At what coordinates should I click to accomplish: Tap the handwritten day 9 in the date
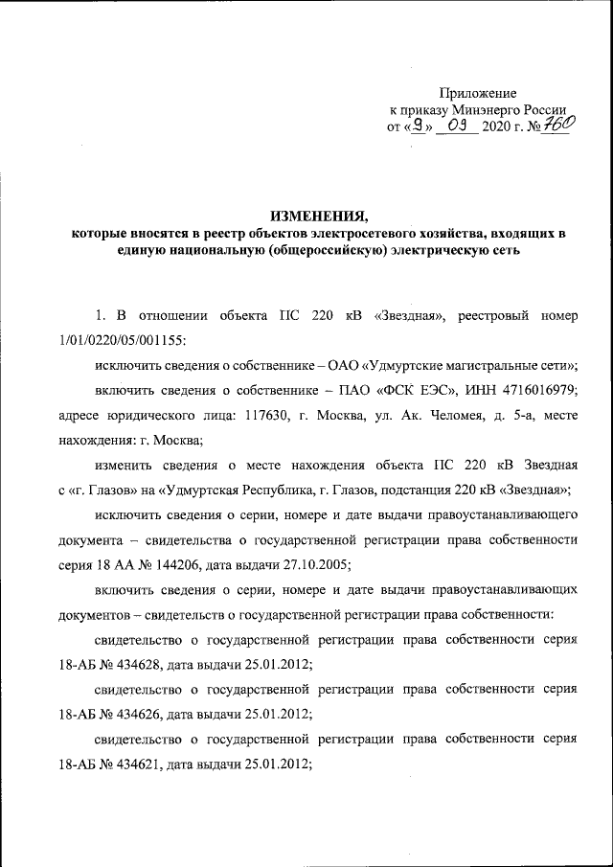point(417,125)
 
